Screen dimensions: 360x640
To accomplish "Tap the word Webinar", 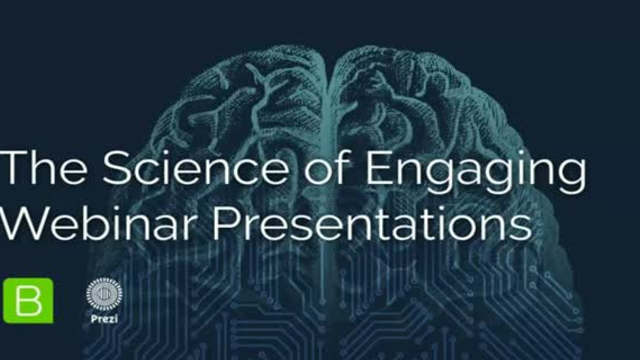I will [97, 226].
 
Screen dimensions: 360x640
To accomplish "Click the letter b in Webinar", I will [86, 226].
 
